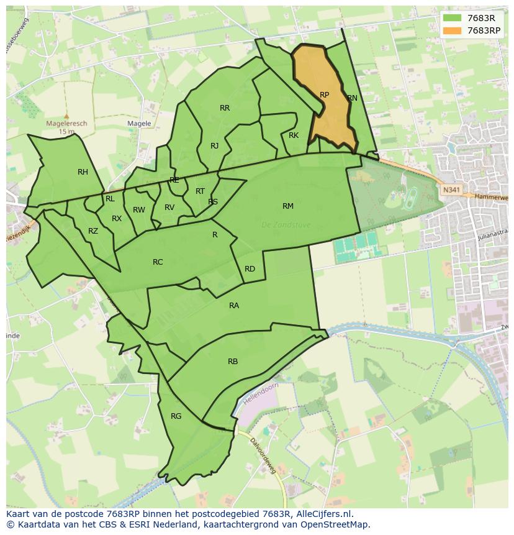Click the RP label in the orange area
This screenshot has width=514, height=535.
324,95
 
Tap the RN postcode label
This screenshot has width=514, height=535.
352,98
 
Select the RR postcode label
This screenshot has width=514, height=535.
225,108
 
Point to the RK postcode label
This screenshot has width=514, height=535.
294,135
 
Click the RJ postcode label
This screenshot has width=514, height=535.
214,146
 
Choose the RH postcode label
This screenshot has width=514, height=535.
83,172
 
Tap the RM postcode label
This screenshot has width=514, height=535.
288,206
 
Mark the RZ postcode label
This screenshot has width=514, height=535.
93,231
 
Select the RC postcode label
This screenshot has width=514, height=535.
158,262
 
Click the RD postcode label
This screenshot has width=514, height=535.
250,269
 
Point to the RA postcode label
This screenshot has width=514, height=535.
234,306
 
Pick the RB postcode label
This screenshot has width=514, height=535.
233,362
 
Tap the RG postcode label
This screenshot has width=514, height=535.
176,416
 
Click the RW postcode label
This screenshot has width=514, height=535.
139,210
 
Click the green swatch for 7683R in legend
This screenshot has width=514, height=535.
453,17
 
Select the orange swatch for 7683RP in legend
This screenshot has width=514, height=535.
453,30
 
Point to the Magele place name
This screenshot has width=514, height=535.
139,124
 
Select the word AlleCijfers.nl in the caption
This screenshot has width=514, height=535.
322,514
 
